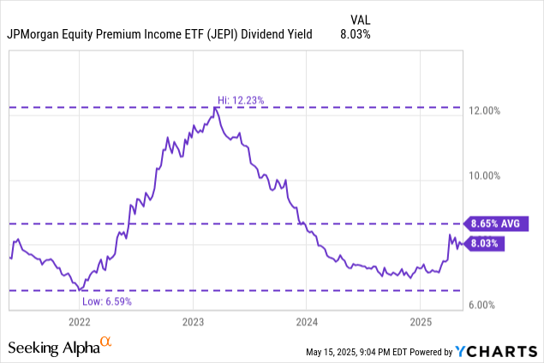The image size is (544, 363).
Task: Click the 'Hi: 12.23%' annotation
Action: point(240,100)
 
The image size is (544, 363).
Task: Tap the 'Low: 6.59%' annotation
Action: point(108,301)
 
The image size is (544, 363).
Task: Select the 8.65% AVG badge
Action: point(497,223)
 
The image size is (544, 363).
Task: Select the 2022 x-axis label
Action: point(79,323)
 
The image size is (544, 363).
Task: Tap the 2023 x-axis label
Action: point(193,323)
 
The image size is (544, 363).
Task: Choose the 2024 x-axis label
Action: point(307,323)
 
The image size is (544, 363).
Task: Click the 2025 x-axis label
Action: point(421,323)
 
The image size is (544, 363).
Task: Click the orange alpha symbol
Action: point(105,343)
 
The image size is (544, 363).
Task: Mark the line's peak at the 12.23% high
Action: point(215,108)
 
